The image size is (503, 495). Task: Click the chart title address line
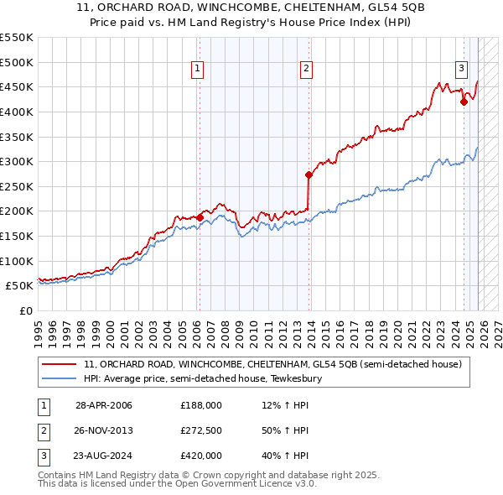(x=251, y=8)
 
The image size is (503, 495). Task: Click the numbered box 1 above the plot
(x=199, y=69)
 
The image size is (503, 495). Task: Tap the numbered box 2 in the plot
(x=307, y=69)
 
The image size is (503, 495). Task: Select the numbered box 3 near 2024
(x=462, y=69)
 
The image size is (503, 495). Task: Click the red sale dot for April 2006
(x=200, y=216)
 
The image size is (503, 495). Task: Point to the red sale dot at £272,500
(x=309, y=175)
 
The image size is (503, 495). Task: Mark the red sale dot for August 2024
(x=464, y=102)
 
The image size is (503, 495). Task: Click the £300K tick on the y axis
(x=18, y=161)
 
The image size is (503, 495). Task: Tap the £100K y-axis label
(x=18, y=261)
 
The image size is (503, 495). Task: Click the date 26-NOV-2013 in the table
(x=104, y=430)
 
